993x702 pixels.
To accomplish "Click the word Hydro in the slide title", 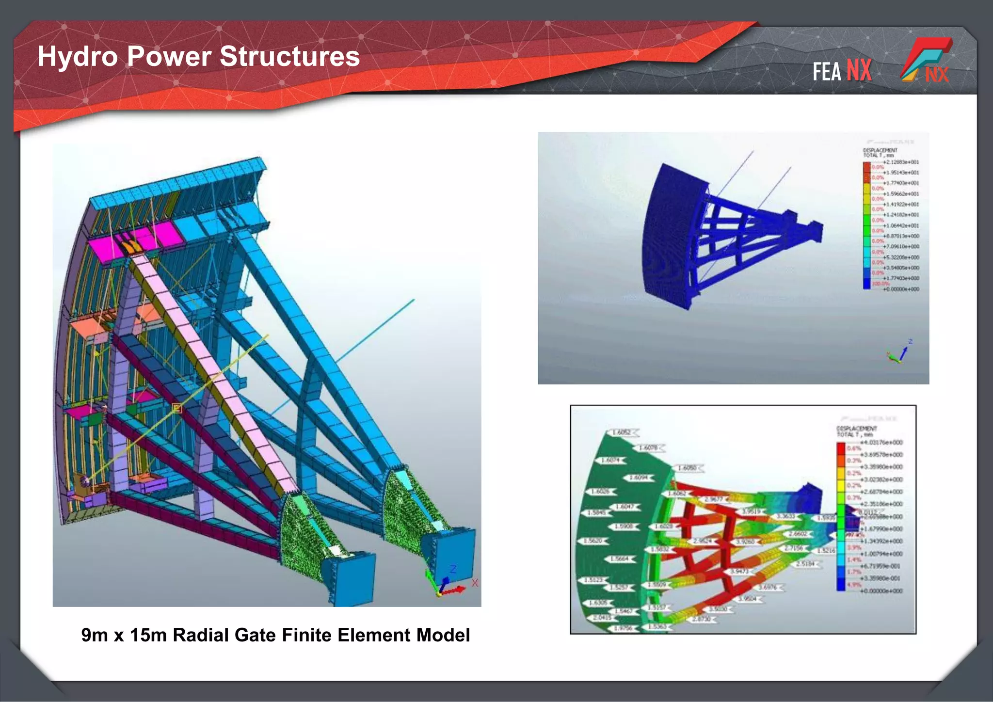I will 78,56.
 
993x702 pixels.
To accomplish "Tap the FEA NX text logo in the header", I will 842,71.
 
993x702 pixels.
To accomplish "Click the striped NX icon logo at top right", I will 927,60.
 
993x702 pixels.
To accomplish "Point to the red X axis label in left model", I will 475,583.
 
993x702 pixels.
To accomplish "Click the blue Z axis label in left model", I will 453,569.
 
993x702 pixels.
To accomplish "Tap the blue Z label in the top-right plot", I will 910,342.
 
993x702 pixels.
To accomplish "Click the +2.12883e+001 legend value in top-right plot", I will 900,162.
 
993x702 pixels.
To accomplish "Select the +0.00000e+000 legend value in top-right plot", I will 900,289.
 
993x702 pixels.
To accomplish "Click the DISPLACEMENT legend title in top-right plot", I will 880,150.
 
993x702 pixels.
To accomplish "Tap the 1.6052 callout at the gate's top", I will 622,432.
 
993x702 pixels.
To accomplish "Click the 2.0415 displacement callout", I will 603,618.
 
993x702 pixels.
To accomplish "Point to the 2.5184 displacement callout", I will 805,564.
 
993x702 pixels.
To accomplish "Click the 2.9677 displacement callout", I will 714,499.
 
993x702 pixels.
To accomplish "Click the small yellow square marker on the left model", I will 177,409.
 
